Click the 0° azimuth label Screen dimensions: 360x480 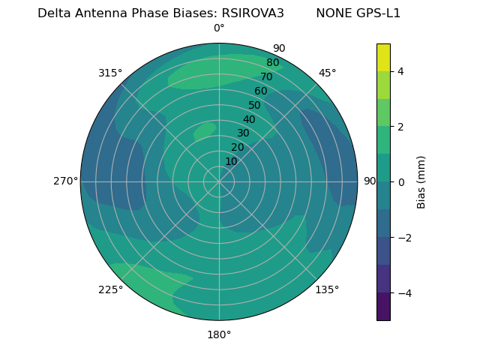coord(219,28)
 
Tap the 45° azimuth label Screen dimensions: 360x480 coord(327,73)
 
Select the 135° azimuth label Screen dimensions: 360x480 coord(327,289)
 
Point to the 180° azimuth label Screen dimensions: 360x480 coord(219,334)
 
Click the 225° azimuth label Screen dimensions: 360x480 coord(110,289)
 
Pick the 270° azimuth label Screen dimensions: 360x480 coord(65,181)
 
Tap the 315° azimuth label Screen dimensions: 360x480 coord(110,73)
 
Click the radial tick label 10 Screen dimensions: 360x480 coord(231,161)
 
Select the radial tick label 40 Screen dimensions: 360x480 coord(249,119)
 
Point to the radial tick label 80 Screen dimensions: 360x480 coord(272,63)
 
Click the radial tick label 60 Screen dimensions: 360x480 coord(260,91)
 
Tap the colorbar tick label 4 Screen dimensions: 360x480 coord(401,71)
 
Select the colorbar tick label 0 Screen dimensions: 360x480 coord(401,182)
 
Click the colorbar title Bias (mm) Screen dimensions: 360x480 coord(421,182)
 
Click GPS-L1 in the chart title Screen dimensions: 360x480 coord(378,13)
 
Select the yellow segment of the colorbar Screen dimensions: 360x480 coord(383,58)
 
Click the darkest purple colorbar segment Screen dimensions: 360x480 coord(383,307)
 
